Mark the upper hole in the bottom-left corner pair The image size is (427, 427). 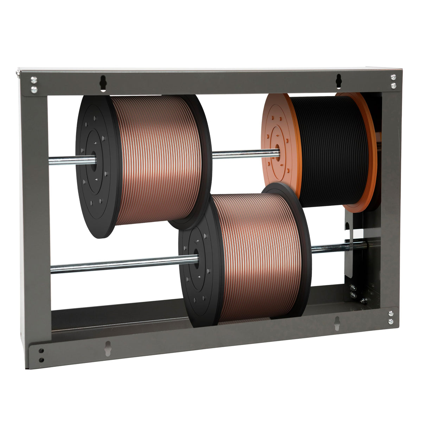point(42,351)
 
